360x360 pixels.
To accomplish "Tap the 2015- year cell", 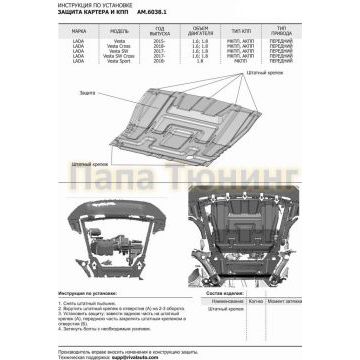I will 164,44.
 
